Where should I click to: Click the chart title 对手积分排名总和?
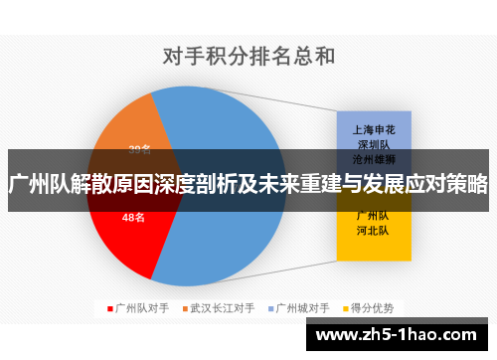248,56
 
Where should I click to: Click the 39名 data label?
139,150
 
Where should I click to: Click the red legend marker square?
108,307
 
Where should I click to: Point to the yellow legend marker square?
346,307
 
